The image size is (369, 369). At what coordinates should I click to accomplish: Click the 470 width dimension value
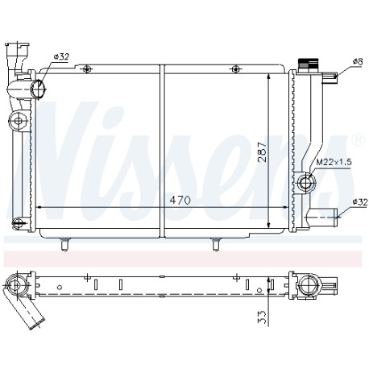click(x=180, y=201)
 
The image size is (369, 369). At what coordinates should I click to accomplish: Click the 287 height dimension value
click(x=262, y=151)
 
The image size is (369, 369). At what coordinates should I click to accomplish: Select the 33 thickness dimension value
click(x=263, y=317)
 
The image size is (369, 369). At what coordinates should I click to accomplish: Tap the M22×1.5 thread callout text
click(x=334, y=162)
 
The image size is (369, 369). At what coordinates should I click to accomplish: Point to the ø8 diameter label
click(x=358, y=62)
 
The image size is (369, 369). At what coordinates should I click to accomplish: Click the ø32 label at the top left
click(x=61, y=56)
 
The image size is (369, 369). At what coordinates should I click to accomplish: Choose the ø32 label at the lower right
click(x=360, y=202)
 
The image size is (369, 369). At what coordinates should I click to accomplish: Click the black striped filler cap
click(x=307, y=64)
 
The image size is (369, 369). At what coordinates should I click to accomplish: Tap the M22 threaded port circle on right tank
click(x=306, y=183)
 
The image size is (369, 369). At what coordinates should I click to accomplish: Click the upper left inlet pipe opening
click(x=38, y=89)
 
